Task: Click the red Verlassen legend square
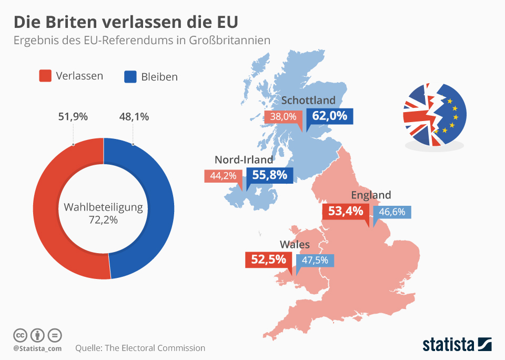[46, 76]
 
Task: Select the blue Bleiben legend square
[130, 77]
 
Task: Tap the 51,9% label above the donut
[72, 117]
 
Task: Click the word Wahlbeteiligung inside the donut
[103, 207]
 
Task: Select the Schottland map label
[308, 100]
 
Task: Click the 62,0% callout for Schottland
[329, 116]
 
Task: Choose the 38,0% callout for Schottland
[284, 117]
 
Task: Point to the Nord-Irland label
[244, 159]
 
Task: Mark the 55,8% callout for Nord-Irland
[269, 175]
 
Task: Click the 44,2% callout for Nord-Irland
[223, 176]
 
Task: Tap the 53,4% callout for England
[346, 212]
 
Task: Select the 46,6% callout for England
[392, 212]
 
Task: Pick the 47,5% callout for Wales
[315, 260]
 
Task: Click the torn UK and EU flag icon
[434, 115]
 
